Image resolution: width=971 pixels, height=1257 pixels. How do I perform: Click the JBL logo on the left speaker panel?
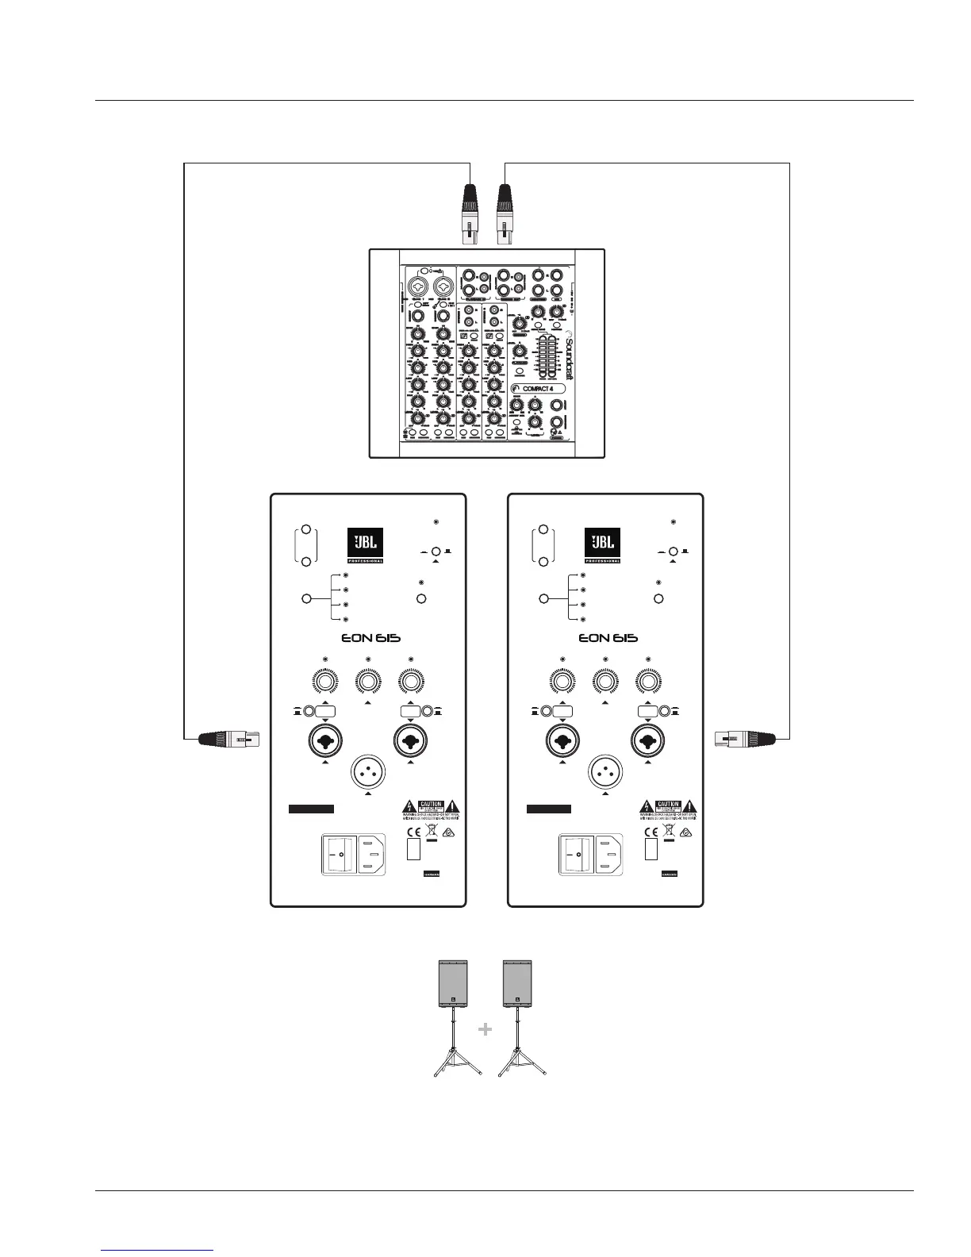(366, 545)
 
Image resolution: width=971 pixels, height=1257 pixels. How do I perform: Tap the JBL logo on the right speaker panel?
(602, 545)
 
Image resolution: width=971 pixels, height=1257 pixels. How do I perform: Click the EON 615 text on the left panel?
(367, 638)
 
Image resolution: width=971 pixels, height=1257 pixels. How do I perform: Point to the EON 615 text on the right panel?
(608, 638)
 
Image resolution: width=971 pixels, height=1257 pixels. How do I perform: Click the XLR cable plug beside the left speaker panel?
(228, 740)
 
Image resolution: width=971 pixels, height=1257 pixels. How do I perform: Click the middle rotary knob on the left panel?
(367, 682)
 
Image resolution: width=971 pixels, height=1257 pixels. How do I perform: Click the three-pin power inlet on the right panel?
(609, 855)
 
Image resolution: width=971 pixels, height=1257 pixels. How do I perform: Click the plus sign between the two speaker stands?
(485, 1029)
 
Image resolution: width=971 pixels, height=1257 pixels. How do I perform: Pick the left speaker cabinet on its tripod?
(454, 984)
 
